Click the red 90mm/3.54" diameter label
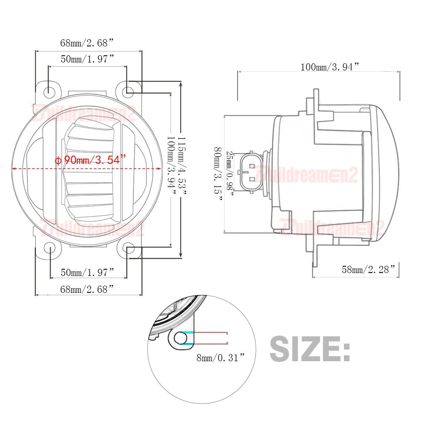[90, 160]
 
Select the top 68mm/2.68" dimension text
[87, 43]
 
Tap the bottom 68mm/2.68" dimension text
[87, 289]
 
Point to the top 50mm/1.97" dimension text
[87, 59]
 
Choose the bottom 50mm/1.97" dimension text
[87, 272]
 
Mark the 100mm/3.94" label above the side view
[330, 67]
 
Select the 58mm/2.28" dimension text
[368, 269]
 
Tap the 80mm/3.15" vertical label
[218, 174]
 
